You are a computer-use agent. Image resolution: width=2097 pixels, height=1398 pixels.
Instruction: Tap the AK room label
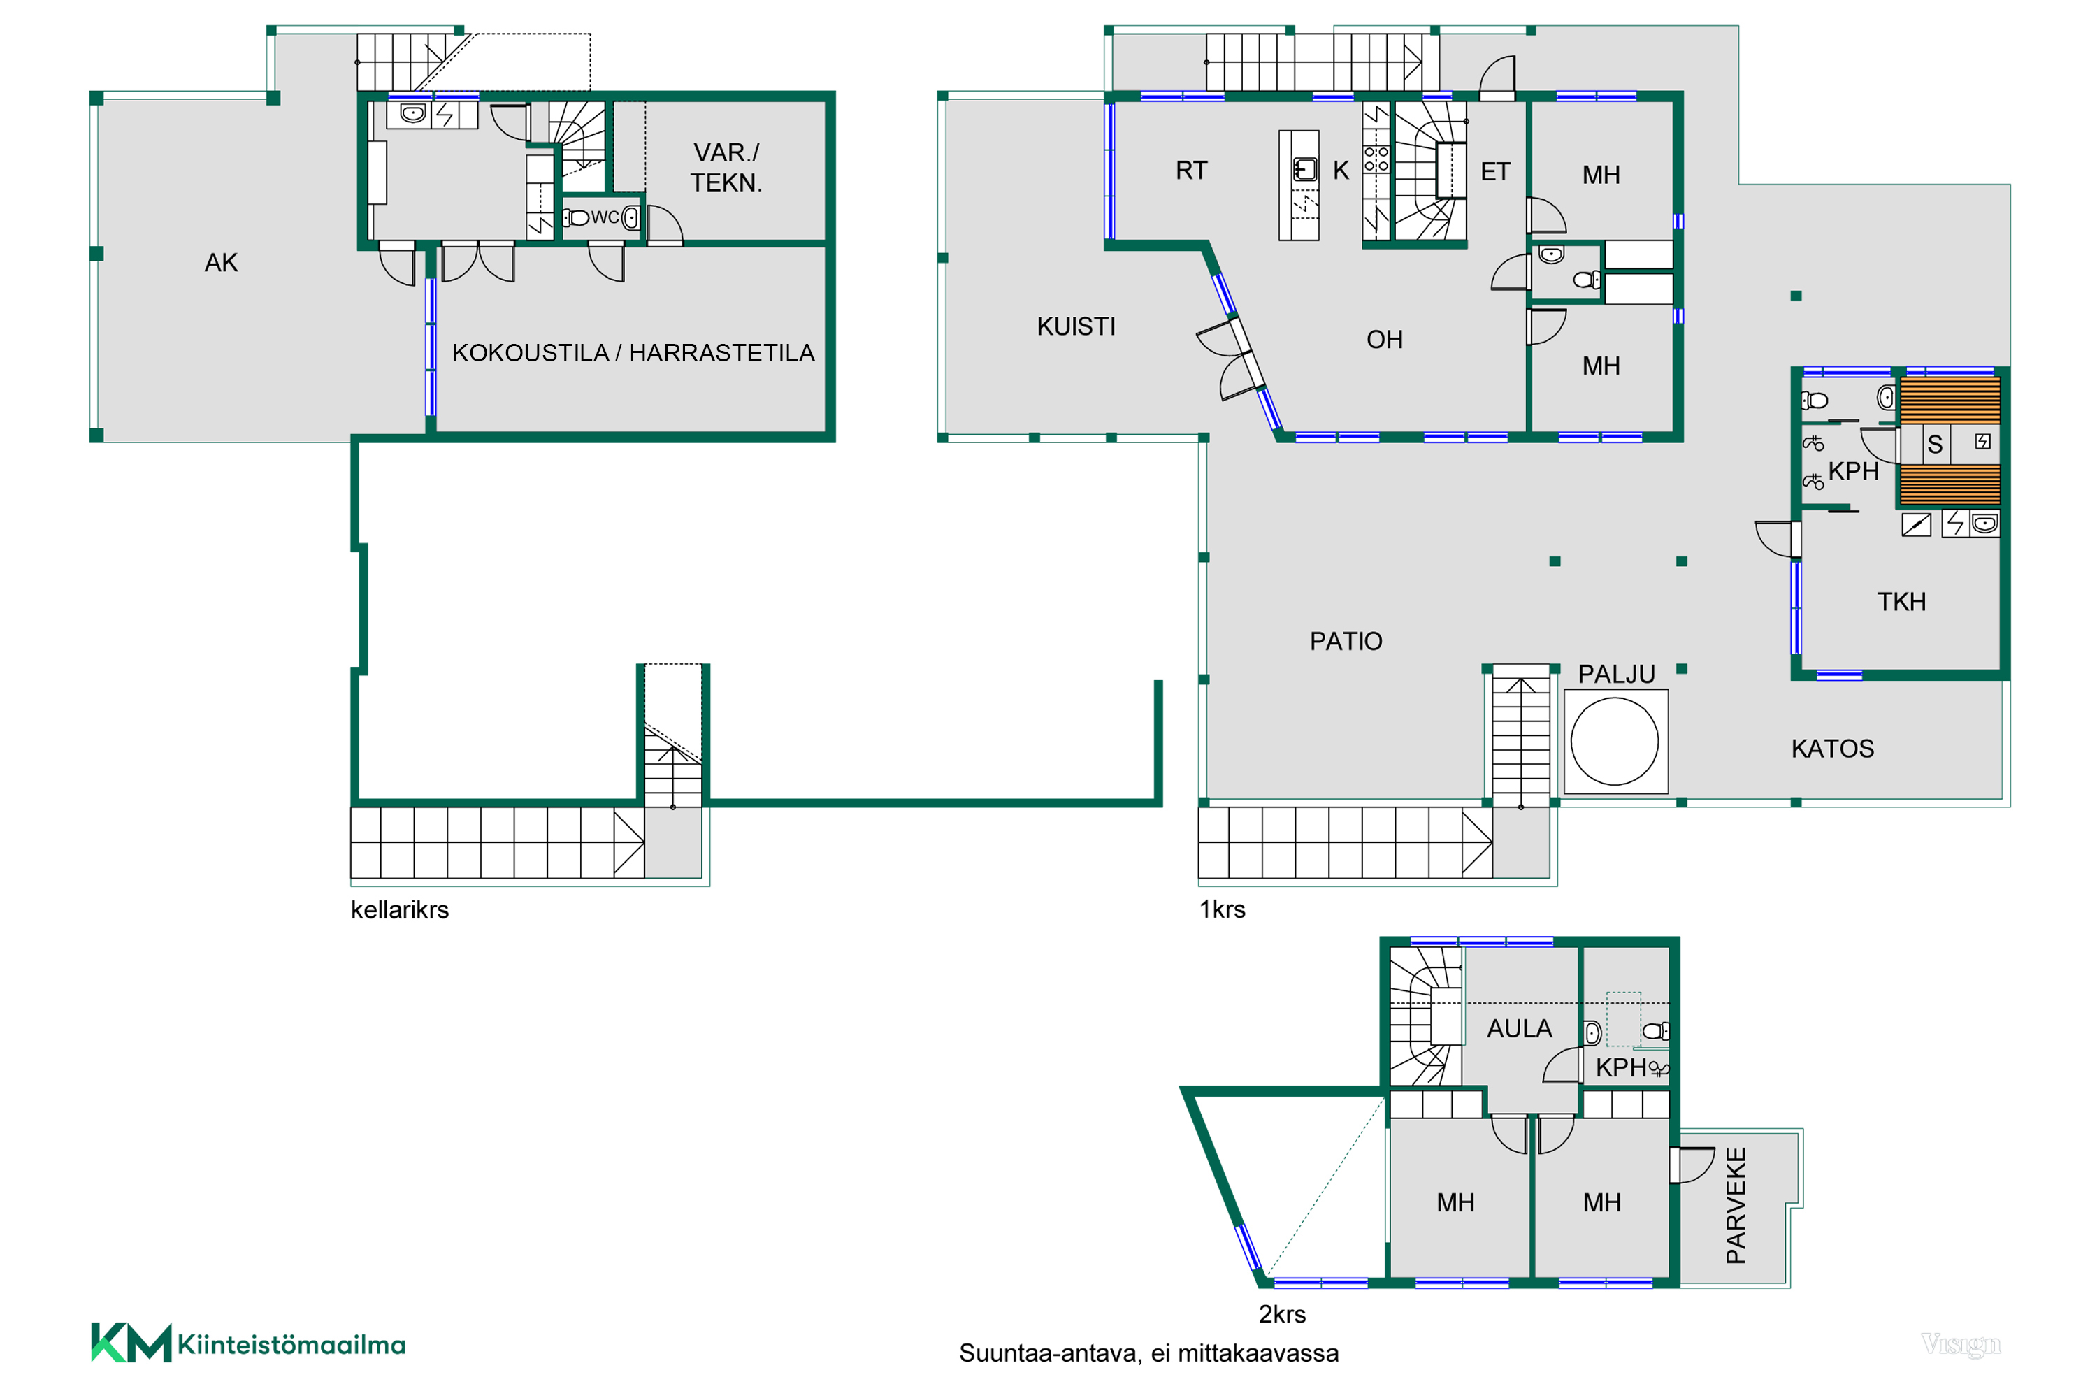[221, 263]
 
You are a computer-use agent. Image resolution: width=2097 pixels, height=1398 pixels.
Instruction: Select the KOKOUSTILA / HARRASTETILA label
[633, 353]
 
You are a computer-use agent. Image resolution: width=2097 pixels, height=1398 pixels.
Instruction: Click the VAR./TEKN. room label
[726, 168]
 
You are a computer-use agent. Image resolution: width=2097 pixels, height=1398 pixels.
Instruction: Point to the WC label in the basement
[605, 217]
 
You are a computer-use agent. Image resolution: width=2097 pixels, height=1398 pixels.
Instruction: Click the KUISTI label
[1076, 326]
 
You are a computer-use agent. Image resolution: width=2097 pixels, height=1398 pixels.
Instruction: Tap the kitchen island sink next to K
[1304, 169]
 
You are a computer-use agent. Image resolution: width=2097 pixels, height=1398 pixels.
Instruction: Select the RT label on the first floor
[1191, 171]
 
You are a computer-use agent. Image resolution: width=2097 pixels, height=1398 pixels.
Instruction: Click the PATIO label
[1346, 641]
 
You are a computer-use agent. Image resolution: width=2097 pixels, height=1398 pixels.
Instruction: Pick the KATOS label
[1832, 748]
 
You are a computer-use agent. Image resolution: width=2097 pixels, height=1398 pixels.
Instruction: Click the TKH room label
[1902, 602]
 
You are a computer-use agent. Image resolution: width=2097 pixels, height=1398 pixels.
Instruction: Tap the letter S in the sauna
[1935, 444]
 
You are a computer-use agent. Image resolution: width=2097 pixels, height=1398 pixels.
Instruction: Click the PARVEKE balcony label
[1736, 1205]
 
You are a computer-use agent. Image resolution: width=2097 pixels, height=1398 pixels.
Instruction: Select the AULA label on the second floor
[1519, 1029]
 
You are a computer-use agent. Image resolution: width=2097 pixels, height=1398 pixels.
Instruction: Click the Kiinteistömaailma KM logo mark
[131, 1343]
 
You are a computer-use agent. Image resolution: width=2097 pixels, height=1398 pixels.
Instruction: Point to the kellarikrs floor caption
[399, 909]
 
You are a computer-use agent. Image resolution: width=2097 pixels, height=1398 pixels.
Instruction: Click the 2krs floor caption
[1282, 1314]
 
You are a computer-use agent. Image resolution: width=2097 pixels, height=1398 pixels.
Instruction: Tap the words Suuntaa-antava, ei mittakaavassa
[1148, 1353]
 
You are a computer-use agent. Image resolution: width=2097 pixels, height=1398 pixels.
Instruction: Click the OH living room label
[1385, 340]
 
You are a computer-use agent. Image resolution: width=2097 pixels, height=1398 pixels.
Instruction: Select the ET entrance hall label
[1495, 171]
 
